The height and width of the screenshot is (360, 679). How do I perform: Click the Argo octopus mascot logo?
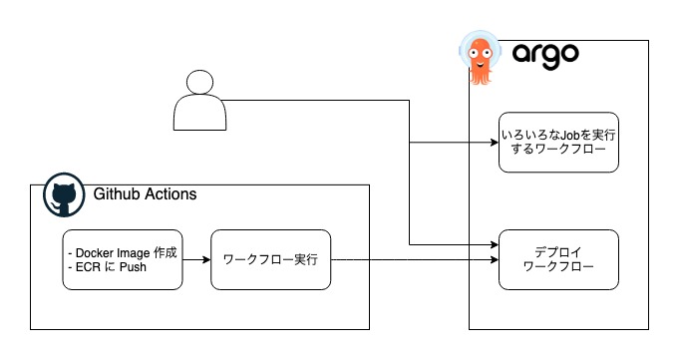pyautogui.click(x=481, y=56)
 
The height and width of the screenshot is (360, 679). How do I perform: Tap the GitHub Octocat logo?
pyautogui.click(x=62, y=198)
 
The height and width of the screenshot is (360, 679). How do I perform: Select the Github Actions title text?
pyautogui.click(x=145, y=193)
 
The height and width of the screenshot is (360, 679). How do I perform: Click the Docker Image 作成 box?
pyautogui.click(x=120, y=260)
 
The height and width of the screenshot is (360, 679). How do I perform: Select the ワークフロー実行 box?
pyautogui.click(x=269, y=260)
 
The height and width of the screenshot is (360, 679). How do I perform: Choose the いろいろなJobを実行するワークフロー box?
pyautogui.click(x=558, y=142)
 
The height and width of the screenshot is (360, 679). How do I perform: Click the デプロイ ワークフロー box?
pyautogui.click(x=558, y=259)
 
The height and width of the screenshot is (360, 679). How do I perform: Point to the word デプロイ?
pyautogui.click(x=557, y=251)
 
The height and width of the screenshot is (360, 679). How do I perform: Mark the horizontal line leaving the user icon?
pyautogui.click(x=319, y=101)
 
